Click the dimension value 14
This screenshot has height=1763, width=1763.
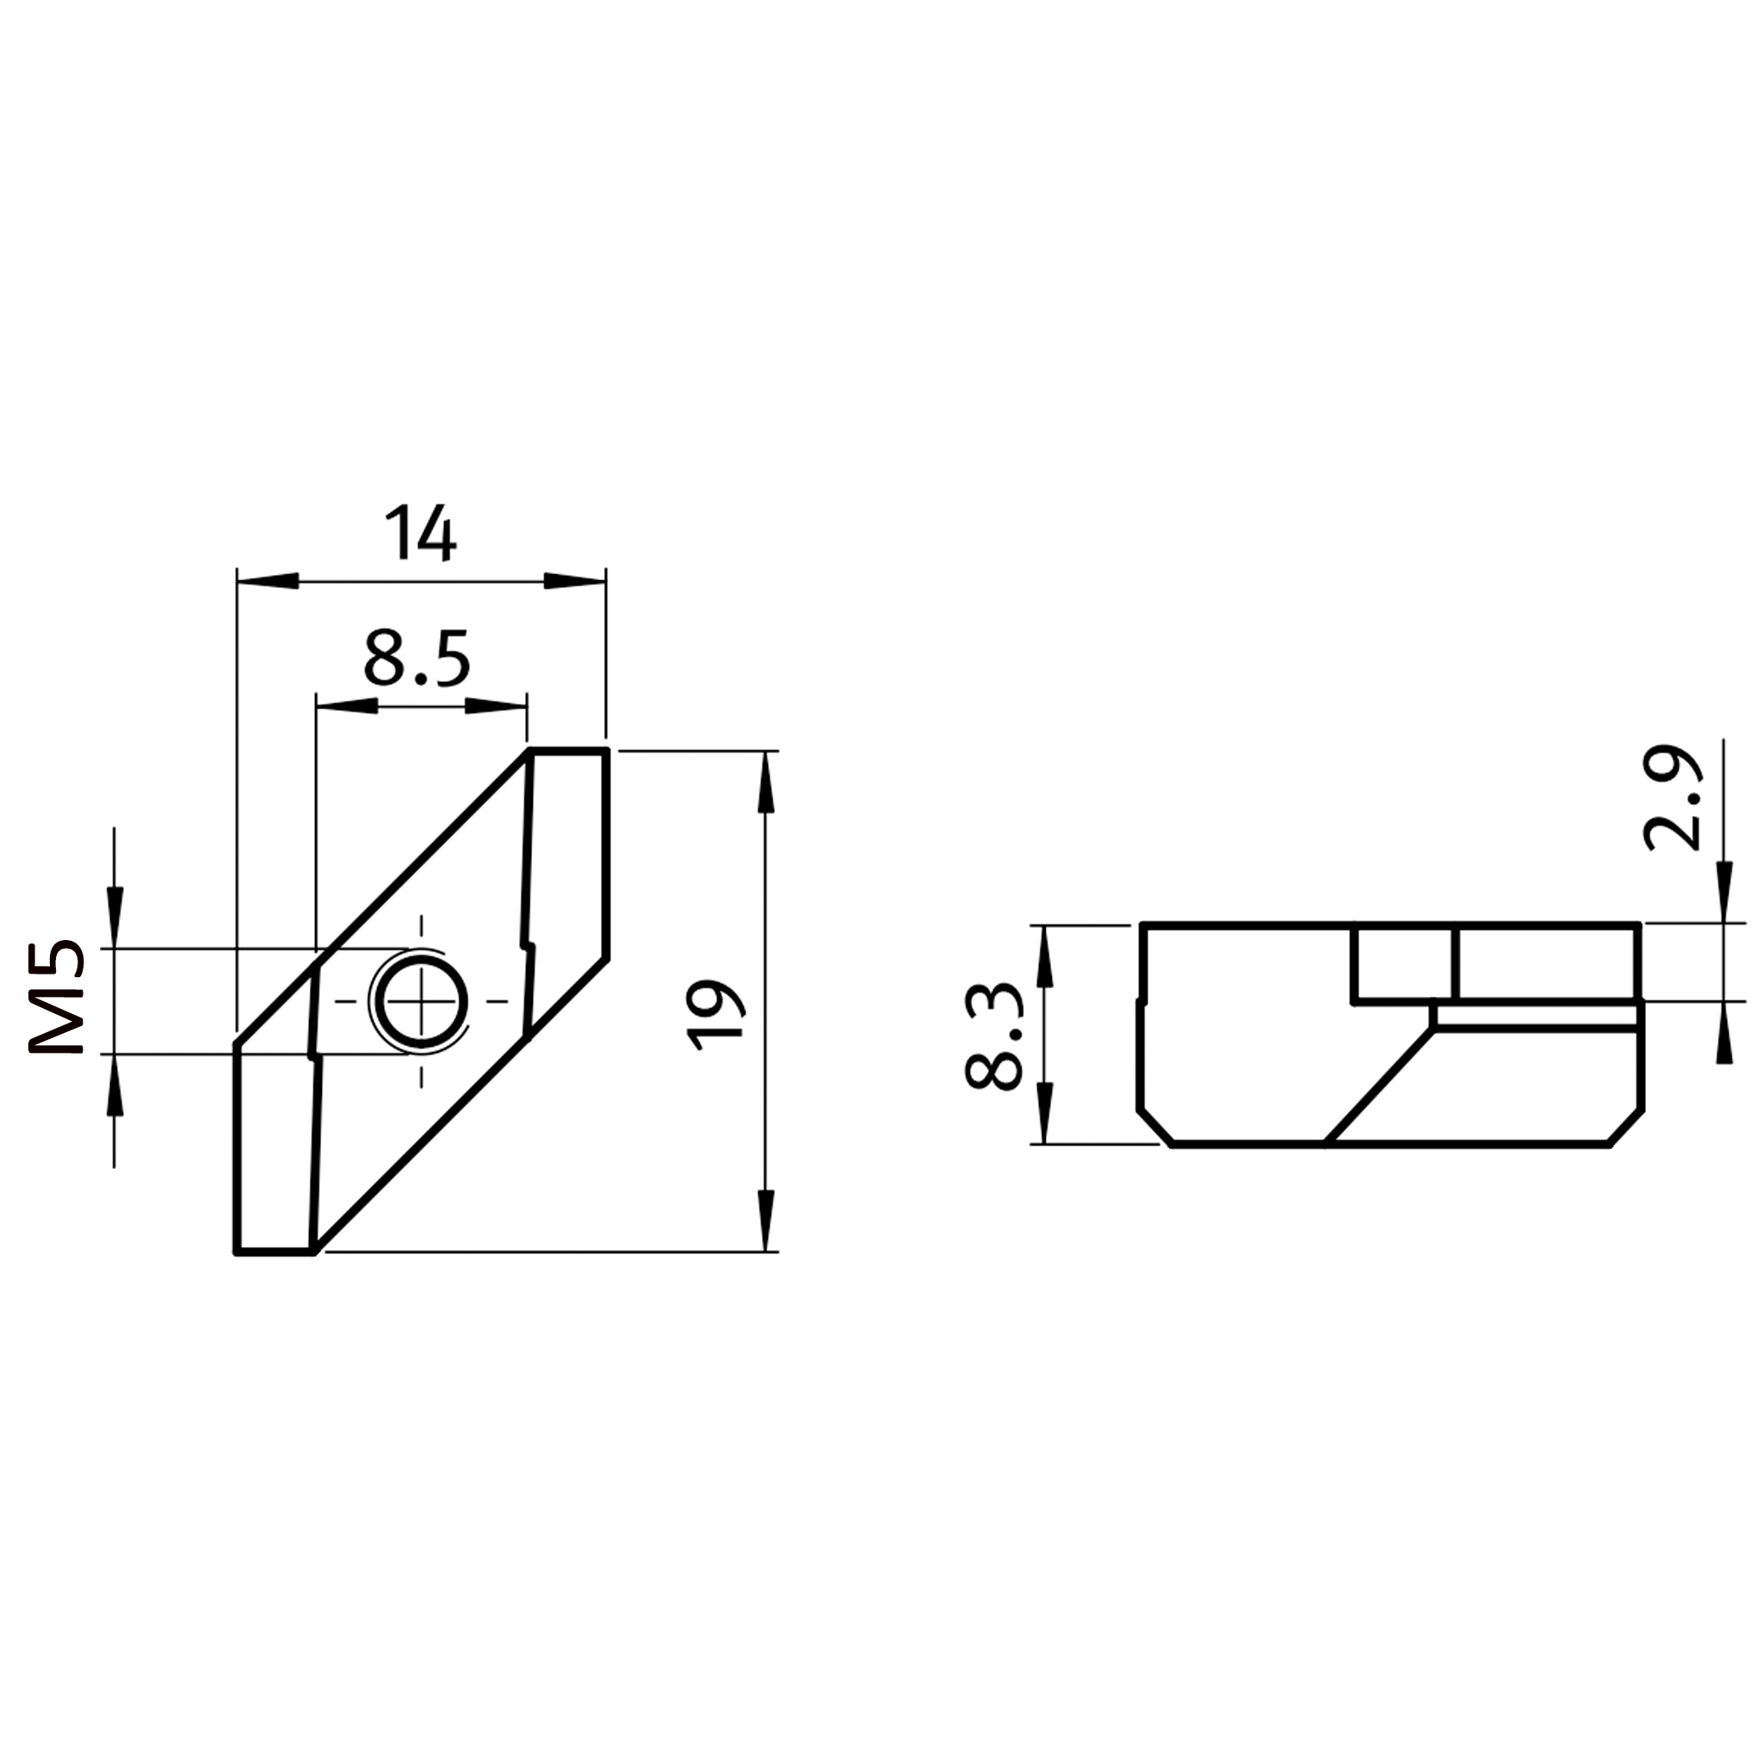421,533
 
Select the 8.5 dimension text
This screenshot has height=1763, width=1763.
417,658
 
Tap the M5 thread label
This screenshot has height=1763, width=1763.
57,997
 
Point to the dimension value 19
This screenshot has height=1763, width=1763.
715,1015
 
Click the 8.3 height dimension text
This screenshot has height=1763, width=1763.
993,1036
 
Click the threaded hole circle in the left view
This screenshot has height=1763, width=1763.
421,1001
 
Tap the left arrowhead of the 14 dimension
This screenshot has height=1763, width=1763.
269,581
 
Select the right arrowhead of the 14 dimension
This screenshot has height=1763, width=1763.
575,581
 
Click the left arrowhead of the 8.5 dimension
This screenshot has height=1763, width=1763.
347,705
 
